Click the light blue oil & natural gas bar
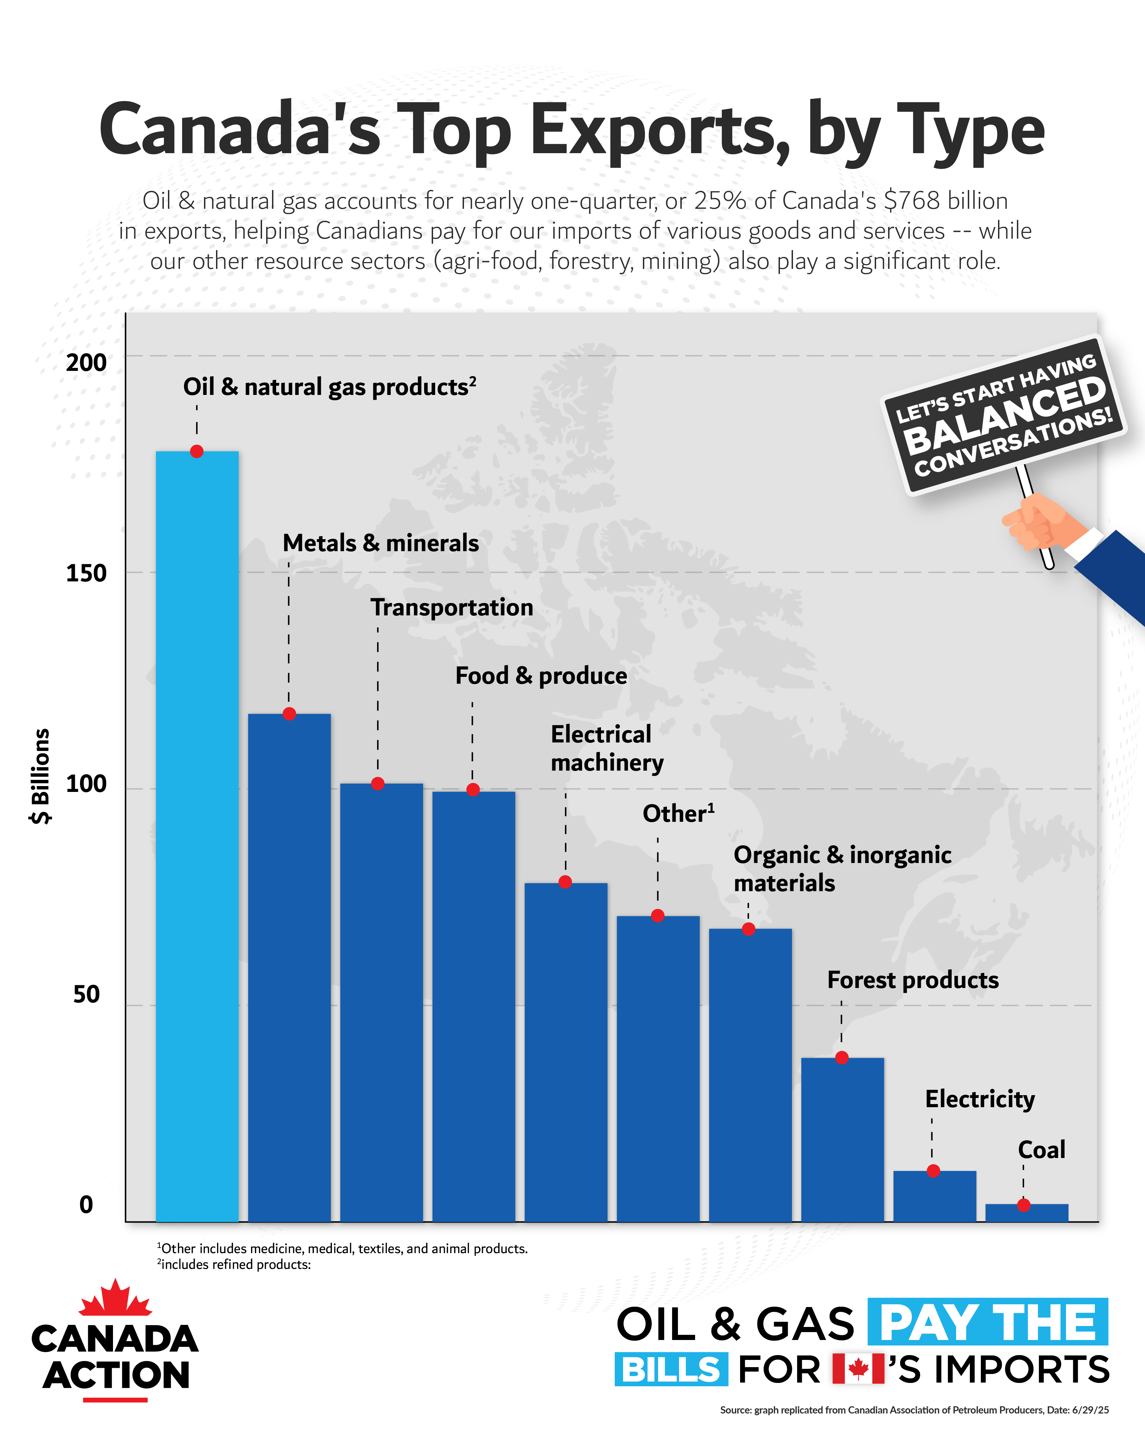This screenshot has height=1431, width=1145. click(197, 836)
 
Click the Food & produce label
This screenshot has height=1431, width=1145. click(541, 676)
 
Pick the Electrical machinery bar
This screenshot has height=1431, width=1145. click(566, 1052)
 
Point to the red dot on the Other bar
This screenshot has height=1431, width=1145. click(658, 916)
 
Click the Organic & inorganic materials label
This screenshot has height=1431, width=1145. click(842, 869)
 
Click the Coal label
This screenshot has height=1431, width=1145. click(1041, 1150)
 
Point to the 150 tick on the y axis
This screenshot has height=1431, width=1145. click(86, 573)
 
